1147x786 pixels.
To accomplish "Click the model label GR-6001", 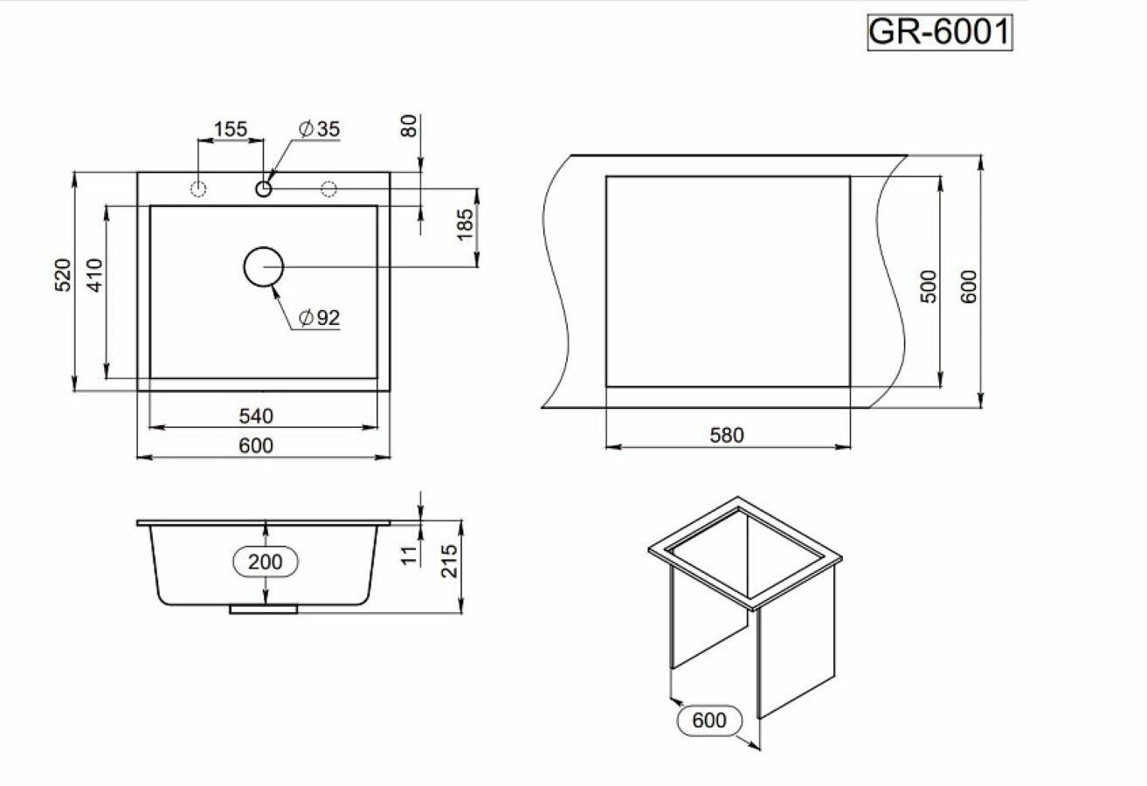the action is pyautogui.click(x=940, y=33).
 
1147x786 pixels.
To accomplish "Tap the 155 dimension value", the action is pyautogui.click(x=231, y=129).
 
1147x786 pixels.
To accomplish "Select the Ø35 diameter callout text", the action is pyautogui.click(x=319, y=129).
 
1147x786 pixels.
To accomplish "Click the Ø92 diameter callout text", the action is pyautogui.click(x=319, y=318).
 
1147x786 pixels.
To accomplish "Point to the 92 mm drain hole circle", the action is pyautogui.click(x=263, y=267).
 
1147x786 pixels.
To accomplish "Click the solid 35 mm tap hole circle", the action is pyautogui.click(x=264, y=188).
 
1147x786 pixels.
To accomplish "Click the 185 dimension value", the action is pyautogui.click(x=465, y=225).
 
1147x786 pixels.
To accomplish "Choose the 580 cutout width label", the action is pyautogui.click(x=727, y=435).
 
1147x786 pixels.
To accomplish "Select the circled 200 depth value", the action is pyautogui.click(x=266, y=562).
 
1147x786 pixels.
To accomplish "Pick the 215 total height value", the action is pyautogui.click(x=449, y=562).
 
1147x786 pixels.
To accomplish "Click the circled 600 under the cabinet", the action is pyautogui.click(x=709, y=720).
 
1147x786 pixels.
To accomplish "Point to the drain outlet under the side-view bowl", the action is pyautogui.click(x=264, y=609).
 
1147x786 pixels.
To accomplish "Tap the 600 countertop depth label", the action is pyautogui.click(x=968, y=286).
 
